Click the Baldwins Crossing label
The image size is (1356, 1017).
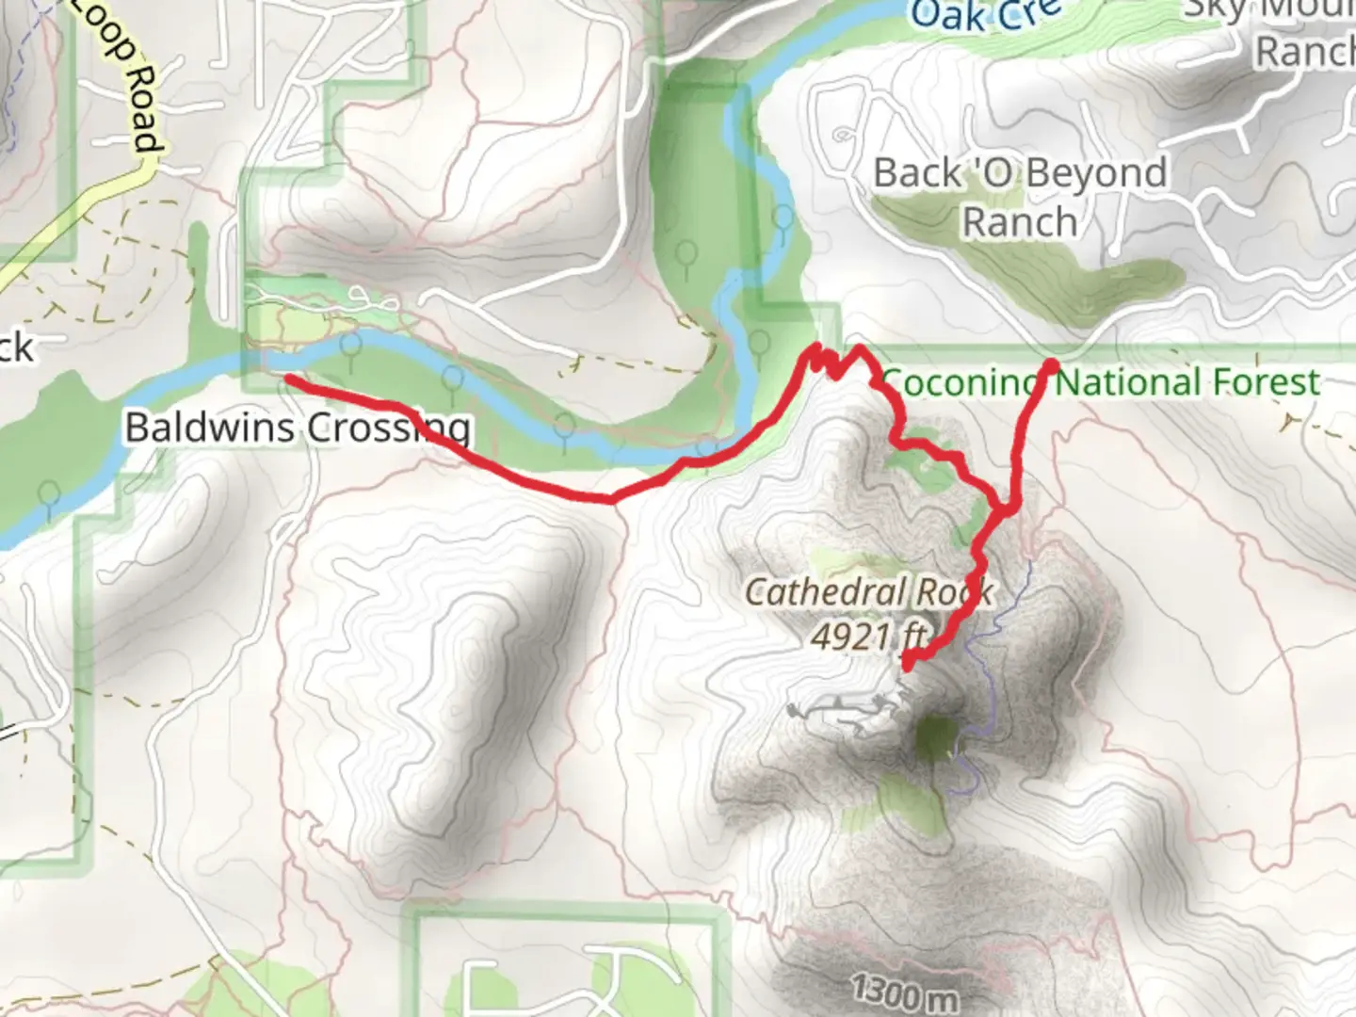pos(298,428)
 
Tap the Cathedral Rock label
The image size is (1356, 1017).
pos(868,592)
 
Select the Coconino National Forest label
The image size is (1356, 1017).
pos(1100,382)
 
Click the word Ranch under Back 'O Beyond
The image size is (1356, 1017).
pos(1020,223)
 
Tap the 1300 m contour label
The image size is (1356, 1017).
pos(904,992)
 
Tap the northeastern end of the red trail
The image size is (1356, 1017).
pos(1051,363)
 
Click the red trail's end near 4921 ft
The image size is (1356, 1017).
pos(907,665)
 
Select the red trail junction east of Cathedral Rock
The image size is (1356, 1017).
pos(1005,509)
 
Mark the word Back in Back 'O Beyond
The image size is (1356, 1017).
pos(917,174)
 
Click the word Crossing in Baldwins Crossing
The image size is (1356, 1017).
pos(389,428)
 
